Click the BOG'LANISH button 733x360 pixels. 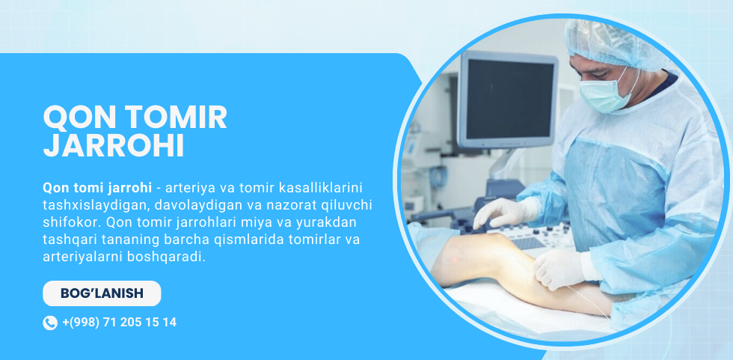click(x=102, y=293)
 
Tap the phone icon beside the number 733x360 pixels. click(x=50, y=323)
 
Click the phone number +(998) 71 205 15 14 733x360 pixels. click(x=119, y=322)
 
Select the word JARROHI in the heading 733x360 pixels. click(x=114, y=146)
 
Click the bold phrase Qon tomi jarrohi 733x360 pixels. click(x=97, y=188)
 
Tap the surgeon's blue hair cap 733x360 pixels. click(x=616, y=43)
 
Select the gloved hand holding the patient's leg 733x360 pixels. click(x=562, y=268)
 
